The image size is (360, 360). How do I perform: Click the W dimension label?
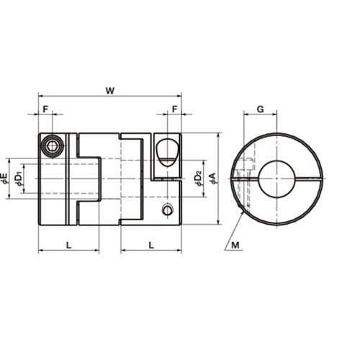(x=110, y=91)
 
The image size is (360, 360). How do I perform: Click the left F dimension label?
(x=45, y=109)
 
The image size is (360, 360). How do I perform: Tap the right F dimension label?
(x=174, y=109)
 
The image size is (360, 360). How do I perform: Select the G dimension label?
(x=260, y=109)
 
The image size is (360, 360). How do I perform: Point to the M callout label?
(x=235, y=245)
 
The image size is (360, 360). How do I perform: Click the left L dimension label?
(x=68, y=245)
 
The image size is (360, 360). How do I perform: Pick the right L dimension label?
(x=151, y=245)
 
